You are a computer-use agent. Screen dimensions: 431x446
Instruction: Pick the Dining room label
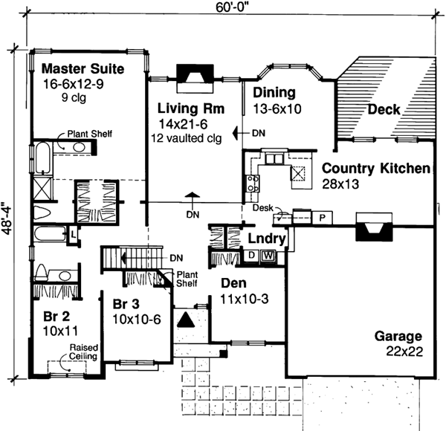click(274, 93)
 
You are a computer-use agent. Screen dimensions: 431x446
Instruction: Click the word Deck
click(384, 109)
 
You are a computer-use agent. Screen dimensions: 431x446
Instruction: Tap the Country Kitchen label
click(375, 169)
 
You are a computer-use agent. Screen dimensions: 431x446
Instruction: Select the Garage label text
click(398, 336)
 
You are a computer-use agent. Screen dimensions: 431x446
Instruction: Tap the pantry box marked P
click(323, 218)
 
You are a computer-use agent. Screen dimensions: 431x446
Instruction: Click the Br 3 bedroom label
click(127, 305)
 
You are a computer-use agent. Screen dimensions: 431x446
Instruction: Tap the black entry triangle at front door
click(187, 320)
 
